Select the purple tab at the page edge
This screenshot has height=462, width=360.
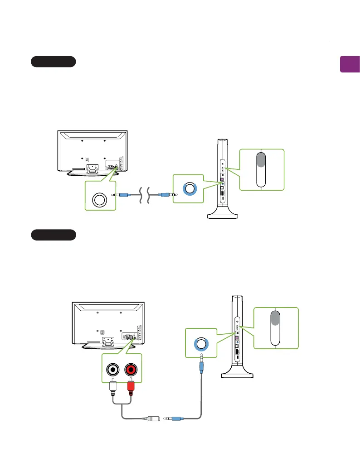[x=350, y=64]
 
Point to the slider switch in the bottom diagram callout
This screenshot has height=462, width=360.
[x=276, y=327]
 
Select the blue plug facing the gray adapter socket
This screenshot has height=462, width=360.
[x=175, y=419]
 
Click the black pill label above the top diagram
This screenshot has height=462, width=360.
[x=53, y=62]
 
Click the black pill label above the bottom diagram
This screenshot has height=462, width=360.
[x=54, y=235]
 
